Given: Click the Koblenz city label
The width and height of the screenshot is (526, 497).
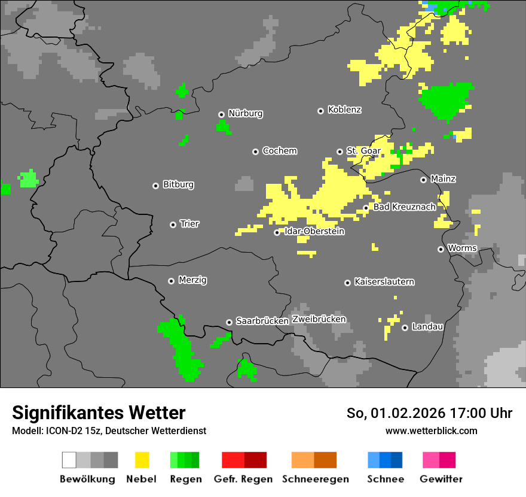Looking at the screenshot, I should click(344, 110).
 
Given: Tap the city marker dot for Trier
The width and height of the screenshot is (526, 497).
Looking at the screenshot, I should click(173, 225).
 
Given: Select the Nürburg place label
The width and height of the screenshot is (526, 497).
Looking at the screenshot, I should click(245, 113).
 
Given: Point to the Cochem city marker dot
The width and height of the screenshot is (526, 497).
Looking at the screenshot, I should click(255, 151).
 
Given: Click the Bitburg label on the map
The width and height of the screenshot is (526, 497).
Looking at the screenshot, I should click(178, 184).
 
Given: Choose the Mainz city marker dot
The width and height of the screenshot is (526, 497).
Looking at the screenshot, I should click(423, 180).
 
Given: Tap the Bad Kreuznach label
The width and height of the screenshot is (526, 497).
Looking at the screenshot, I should click(404, 207).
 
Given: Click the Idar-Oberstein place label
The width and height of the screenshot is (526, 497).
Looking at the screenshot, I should click(314, 231).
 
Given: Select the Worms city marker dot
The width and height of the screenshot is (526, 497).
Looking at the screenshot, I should click(441, 249).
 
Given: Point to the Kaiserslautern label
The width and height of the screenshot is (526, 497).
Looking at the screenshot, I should click(384, 281).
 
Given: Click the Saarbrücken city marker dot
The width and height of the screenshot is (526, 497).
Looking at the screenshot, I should click(229, 322).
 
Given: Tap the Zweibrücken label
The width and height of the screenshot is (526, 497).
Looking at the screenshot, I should click(319, 319).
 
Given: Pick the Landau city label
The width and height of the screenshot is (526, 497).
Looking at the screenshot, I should click(427, 326).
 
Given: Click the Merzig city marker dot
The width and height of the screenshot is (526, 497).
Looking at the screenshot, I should click(172, 281).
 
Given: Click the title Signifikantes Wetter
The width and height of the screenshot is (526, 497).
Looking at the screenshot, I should click(99, 413).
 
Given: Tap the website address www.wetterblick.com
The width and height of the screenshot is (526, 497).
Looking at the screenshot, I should click(431, 431).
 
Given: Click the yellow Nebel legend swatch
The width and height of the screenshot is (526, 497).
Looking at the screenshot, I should click(142, 460).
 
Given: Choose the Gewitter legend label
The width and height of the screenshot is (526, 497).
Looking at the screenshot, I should click(441, 479).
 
